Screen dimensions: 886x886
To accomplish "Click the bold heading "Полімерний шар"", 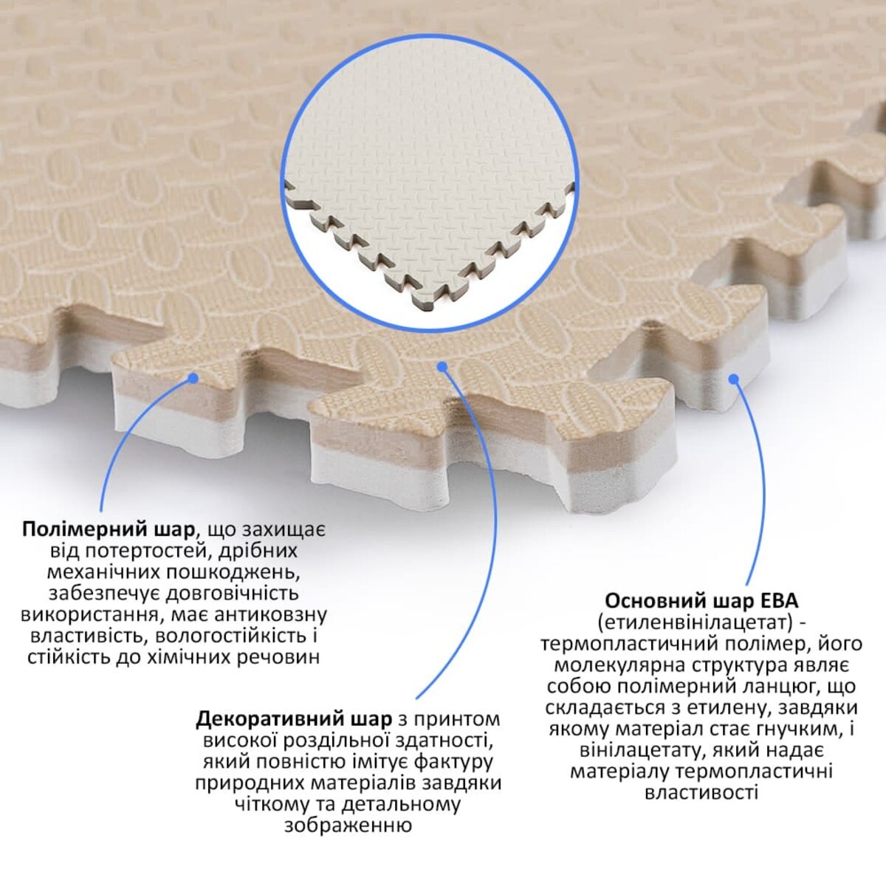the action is click(109, 529).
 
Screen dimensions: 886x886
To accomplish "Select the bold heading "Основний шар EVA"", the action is click(702, 601).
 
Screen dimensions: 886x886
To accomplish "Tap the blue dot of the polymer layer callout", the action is click(193, 378).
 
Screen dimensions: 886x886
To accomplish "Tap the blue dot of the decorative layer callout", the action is click(442, 366).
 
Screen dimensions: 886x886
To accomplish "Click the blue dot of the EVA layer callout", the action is click(734, 379).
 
